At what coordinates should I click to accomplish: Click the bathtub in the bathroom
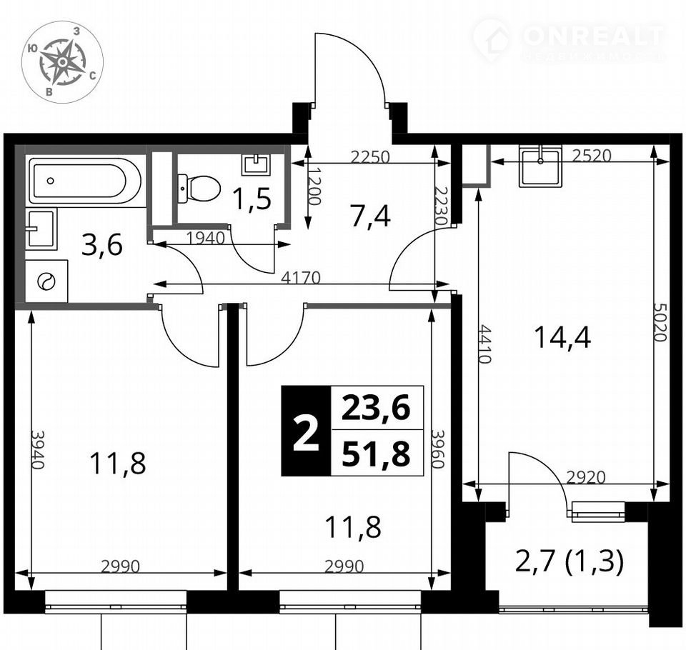pyautogui.click(x=85, y=181)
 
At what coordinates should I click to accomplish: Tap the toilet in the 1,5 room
pyautogui.click(x=199, y=188)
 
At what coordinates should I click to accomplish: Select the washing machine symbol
pyautogui.click(x=46, y=281)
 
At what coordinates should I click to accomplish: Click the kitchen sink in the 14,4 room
pyautogui.click(x=540, y=167)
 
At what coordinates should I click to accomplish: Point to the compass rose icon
pyautogui.click(x=63, y=62)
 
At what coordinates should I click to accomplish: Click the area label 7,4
pyautogui.click(x=370, y=216)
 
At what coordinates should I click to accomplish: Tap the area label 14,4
pyautogui.click(x=562, y=338)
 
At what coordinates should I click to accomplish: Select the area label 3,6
pyautogui.click(x=102, y=246)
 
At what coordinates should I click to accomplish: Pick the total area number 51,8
pyautogui.click(x=377, y=454)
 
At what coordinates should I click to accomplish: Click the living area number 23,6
pyautogui.click(x=377, y=408)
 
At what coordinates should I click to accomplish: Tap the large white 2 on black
pyautogui.click(x=306, y=431)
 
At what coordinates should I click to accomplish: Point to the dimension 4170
pyautogui.click(x=301, y=278)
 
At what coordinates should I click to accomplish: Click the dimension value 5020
pyautogui.click(x=660, y=321)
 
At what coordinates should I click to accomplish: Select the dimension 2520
pyautogui.click(x=591, y=156)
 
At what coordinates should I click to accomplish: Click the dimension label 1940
pyautogui.click(x=205, y=239)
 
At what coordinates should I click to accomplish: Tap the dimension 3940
pyautogui.click(x=38, y=450)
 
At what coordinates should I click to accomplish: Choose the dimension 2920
pyautogui.click(x=586, y=477)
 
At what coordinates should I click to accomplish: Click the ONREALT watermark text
pyautogui.click(x=593, y=36)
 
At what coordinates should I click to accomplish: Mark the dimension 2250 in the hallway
pyautogui.click(x=369, y=156)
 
